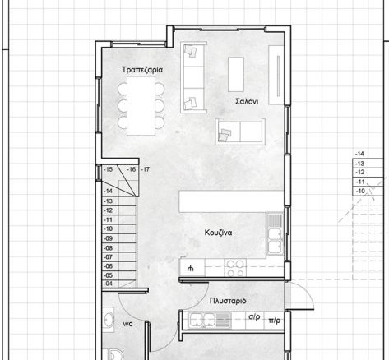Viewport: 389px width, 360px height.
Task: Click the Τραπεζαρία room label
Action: click(142, 70)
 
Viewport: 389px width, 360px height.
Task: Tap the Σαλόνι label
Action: click(247, 102)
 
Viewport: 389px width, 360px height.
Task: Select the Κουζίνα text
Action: click(218, 233)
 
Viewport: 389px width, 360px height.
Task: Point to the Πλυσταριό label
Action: click(228, 301)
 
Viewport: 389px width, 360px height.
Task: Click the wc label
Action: click(127, 324)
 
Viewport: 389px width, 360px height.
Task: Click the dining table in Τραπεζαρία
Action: click(141, 106)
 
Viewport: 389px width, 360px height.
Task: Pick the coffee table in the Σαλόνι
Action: click(236, 74)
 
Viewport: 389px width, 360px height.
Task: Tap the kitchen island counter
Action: click(231, 201)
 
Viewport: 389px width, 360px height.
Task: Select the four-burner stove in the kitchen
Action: click(235, 268)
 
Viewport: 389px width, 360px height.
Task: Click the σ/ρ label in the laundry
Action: click(254, 317)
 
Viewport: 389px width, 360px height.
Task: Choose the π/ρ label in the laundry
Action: click(275, 321)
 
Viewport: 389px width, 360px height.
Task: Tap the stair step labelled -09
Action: click(109, 238)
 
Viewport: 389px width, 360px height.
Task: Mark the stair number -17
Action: click(145, 169)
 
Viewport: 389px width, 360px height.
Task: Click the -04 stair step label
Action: click(109, 284)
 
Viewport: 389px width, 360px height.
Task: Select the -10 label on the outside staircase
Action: click(360, 191)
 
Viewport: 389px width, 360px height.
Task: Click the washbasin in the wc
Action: click(109, 320)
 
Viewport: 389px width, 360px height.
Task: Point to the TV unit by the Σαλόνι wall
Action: click(276, 75)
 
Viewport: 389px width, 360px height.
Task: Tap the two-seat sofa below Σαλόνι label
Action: click(240, 132)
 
